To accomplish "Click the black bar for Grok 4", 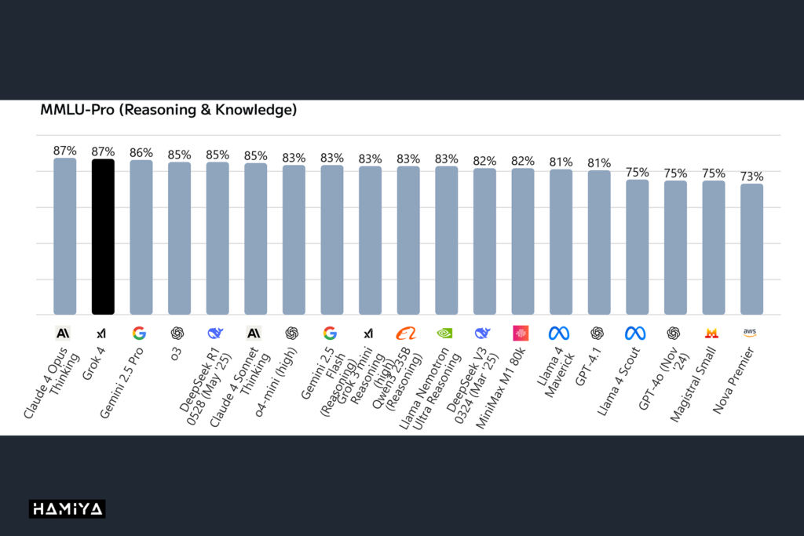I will [103, 236].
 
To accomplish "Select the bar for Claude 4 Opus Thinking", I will [65, 236].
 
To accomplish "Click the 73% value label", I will [751, 176].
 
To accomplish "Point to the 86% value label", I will [141, 152].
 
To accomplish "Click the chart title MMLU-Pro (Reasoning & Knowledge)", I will [168, 111].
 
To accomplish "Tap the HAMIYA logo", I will [67, 509].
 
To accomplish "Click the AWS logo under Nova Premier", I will [750, 333].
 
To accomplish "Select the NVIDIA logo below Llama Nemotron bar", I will [445, 333].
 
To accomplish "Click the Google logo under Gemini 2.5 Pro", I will [140, 333].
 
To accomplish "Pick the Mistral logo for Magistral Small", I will [711, 333].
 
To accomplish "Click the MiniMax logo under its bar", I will [521, 333].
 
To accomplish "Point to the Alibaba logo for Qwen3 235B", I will [407, 333].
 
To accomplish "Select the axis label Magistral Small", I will [693, 384].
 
